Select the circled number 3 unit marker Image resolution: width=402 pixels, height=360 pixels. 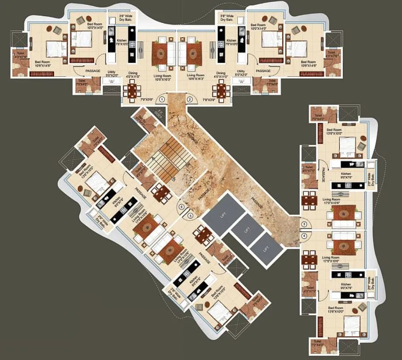[304, 224]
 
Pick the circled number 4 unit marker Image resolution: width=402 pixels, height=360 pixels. [304, 235]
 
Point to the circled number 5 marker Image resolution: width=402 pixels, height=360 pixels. [190, 216]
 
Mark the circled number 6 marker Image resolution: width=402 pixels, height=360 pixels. [181, 207]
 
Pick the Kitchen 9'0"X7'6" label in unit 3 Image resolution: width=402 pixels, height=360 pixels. [346, 175]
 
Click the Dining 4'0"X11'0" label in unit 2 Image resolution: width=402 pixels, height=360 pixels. [221, 75]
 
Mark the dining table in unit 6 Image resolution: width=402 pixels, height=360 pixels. [161, 193]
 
